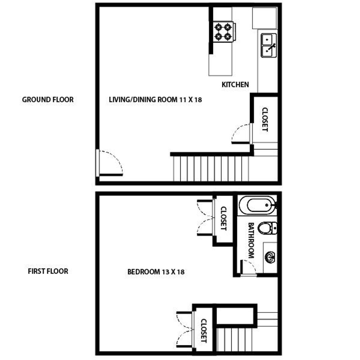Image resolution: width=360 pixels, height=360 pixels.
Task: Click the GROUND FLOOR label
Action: pyautogui.click(x=48, y=99)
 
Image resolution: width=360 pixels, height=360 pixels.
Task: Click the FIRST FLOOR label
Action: pyautogui.click(x=48, y=271)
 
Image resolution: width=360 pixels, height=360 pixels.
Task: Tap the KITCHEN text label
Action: pyautogui.click(x=235, y=85)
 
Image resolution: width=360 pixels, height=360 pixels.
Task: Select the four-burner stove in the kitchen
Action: pyautogui.click(x=223, y=31)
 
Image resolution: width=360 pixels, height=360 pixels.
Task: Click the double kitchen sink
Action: pyautogui.click(x=269, y=45)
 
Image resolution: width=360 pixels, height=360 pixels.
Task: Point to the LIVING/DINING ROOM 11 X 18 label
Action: pyautogui.click(x=155, y=99)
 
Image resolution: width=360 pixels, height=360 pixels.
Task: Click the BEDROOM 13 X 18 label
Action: pyautogui.click(x=156, y=272)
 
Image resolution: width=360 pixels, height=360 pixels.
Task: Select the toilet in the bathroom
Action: pyautogui.click(x=267, y=228)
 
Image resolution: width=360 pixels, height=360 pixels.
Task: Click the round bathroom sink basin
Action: pyautogui.click(x=269, y=257)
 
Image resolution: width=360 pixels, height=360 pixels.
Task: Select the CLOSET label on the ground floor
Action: pyautogui.click(x=265, y=119)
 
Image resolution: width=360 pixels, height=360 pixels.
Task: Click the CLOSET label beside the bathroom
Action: pyautogui.click(x=223, y=218)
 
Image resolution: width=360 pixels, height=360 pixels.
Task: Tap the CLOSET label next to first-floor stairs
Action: pyautogui.click(x=204, y=331)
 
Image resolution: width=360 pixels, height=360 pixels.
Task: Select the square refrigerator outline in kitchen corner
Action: pyautogui.click(x=264, y=18)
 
